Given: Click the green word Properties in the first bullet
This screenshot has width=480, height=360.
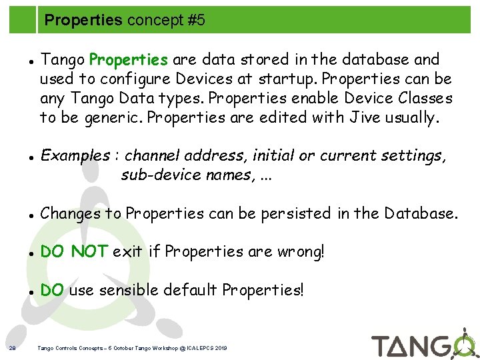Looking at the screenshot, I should pos(129,60).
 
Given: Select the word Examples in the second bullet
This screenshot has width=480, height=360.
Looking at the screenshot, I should pos(75,156).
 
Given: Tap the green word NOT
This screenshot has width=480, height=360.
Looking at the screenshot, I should pos(89,251).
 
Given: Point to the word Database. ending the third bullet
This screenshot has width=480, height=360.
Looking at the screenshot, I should pos(424,213).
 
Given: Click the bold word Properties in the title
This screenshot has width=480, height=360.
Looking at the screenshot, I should pos(83,21).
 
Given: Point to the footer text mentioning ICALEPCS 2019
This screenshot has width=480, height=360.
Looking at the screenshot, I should pos(133,348).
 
